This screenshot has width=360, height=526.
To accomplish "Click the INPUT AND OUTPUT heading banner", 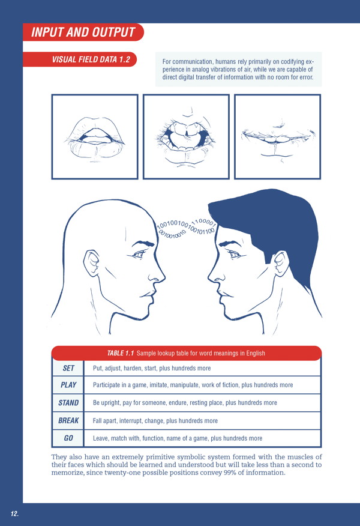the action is pos(83,32).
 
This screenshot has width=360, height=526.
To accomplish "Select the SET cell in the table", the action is pos(68,368).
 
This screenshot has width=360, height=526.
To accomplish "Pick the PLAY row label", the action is pos(68,385).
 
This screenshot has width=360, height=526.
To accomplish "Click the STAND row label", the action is pos(68,402).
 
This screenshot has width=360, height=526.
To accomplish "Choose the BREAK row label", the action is pos(68,420).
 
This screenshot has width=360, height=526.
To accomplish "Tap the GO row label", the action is pos(68,438).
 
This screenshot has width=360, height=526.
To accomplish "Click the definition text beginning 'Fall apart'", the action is pos(155,421).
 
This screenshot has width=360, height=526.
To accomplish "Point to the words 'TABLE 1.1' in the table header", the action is pos(121,353).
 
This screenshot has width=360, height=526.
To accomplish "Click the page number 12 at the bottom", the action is pos(14,513).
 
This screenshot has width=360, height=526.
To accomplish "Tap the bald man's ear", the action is pos(92,264).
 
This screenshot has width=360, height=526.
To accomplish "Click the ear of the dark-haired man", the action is pos(281,264).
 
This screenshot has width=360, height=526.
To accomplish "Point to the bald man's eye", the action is pos(138,255).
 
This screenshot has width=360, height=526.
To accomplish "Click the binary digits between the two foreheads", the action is pos(187,228).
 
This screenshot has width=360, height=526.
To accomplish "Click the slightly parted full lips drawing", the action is pos(95,138).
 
